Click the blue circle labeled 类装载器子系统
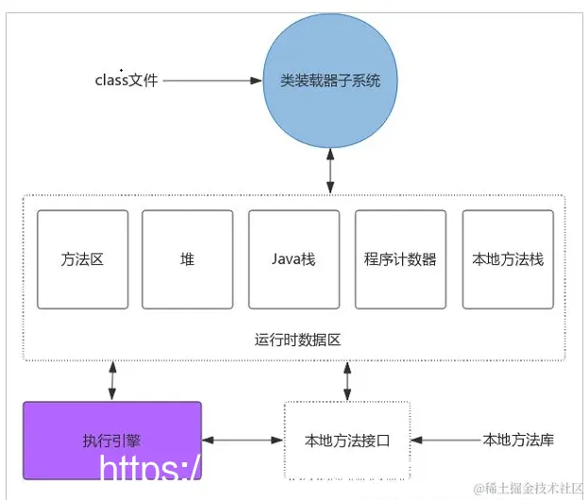(x=329, y=81)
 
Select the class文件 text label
(x=126, y=80)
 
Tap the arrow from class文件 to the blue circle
(x=211, y=81)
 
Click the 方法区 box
(x=82, y=259)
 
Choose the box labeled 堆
(x=187, y=259)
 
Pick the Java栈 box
(x=294, y=259)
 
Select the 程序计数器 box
(x=400, y=259)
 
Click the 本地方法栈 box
(x=507, y=259)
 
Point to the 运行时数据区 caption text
(x=293, y=338)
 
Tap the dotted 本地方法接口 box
(x=346, y=441)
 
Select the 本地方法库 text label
(x=517, y=440)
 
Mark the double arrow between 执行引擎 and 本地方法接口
(x=243, y=441)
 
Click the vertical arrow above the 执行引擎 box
(x=112, y=379)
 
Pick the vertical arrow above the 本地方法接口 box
(x=346, y=380)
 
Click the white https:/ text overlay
(x=149, y=470)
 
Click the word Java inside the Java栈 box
(x=286, y=259)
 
